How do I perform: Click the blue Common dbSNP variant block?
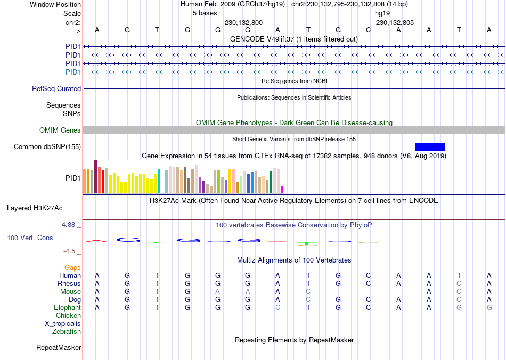430,146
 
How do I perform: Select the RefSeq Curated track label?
56,89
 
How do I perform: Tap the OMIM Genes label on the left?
60,130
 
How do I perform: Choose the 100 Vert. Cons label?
30,238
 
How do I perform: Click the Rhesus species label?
69,284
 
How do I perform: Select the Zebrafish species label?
67,332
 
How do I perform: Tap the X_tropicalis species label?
63,324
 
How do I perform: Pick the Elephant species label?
67,308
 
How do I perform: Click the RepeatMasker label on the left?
59,348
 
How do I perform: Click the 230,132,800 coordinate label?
243,23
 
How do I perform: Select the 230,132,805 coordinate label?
395,23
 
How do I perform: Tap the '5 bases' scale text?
205,13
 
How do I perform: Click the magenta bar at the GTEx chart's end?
282,189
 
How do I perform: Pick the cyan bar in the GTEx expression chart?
159,181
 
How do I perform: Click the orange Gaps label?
72,267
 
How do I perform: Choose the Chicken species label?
68,316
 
